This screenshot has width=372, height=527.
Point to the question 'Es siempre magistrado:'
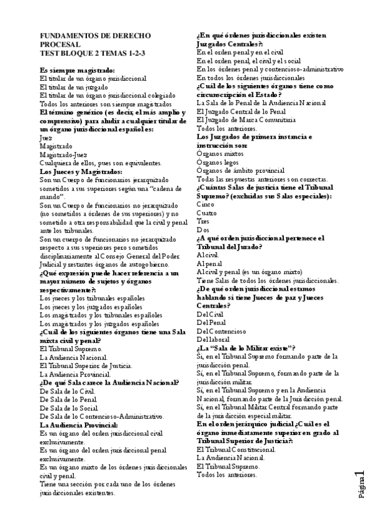point(77,71)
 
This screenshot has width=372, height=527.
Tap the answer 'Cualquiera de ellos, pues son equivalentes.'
point(91,163)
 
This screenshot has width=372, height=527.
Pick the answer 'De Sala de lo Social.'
point(70,408)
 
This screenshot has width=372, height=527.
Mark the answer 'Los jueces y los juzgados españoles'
point(91,307)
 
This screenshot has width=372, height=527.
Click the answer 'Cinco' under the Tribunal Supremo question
point(206,204)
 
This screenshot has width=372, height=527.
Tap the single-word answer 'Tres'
point(203,221)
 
